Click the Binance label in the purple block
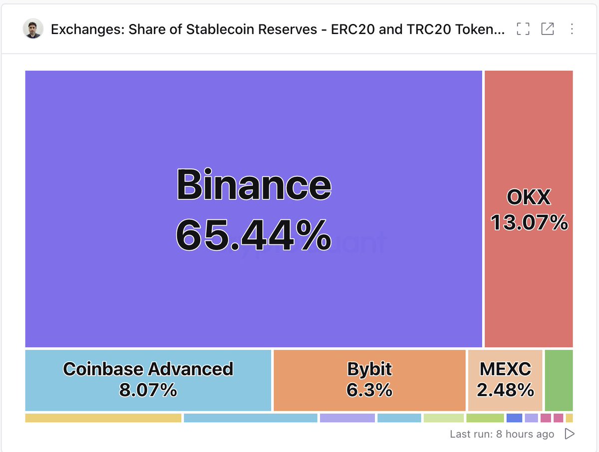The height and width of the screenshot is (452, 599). (254, 184)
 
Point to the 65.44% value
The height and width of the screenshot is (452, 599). (254, 235)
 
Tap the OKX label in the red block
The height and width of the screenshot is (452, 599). (529, 197)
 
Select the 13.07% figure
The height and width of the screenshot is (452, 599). (529, 222)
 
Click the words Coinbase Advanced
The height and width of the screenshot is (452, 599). (148, 369)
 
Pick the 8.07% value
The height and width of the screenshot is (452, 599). (148, 390)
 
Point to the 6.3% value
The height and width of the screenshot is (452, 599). (369, 390)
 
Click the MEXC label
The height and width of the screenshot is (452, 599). (505, 369)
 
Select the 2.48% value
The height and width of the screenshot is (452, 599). (505, 390)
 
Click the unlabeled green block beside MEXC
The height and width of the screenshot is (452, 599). (559, 380)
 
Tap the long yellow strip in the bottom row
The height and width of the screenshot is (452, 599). (103, 418)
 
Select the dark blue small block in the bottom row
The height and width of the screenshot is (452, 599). (514, 418)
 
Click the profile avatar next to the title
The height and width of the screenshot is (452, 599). (33, 28)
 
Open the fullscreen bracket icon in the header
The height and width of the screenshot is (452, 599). (523, 29)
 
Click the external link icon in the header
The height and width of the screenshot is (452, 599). (548, 29)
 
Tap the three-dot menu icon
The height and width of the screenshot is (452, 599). (572, 29)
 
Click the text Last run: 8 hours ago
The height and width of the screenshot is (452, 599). (502, 434)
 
